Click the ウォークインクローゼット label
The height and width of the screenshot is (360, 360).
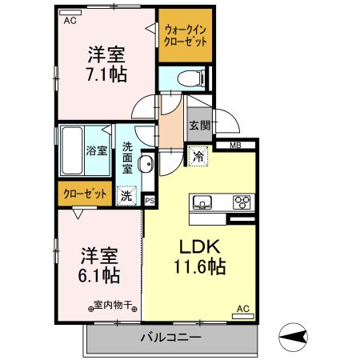point(186,35)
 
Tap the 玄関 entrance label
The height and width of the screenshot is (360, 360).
point(199,126)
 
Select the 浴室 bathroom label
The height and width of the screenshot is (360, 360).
point(95,150)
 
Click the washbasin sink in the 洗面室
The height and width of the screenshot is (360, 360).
point(146,164)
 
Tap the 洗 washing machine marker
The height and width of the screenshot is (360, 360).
point(126,194)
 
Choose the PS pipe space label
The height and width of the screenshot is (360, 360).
point(149,200)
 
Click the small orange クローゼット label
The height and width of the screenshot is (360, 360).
point(83,194)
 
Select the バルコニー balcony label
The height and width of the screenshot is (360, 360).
point(170,338)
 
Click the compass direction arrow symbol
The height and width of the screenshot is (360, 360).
point(296,335)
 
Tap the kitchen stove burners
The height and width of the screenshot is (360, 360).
point(242,201)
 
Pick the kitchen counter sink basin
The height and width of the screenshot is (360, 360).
point(201,201)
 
